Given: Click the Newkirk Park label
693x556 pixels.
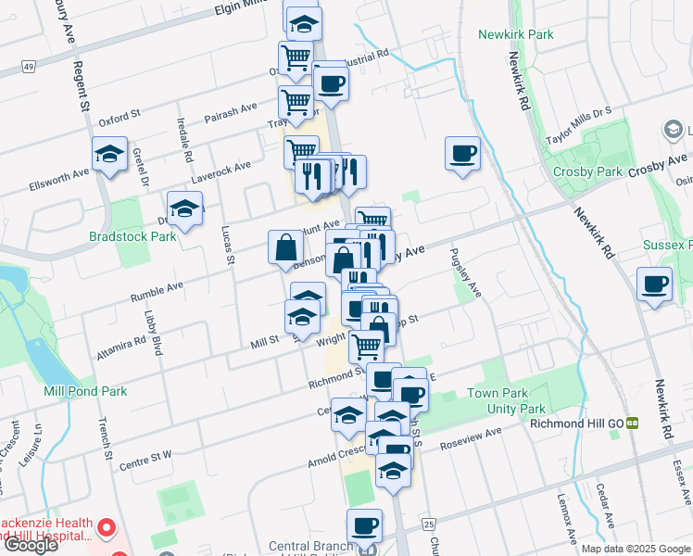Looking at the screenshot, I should tap(515, 35).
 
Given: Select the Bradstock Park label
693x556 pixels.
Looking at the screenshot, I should tap(132, 237).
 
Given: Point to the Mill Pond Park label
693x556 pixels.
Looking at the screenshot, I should tap(85, 392).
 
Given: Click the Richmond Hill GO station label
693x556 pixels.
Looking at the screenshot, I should tap(574, 423).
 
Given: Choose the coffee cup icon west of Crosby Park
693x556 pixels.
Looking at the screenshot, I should tap(462, 154).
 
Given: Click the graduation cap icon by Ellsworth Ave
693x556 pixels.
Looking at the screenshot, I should tap(109, 155).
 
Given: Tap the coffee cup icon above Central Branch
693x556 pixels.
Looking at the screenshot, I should tap(364, 525).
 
